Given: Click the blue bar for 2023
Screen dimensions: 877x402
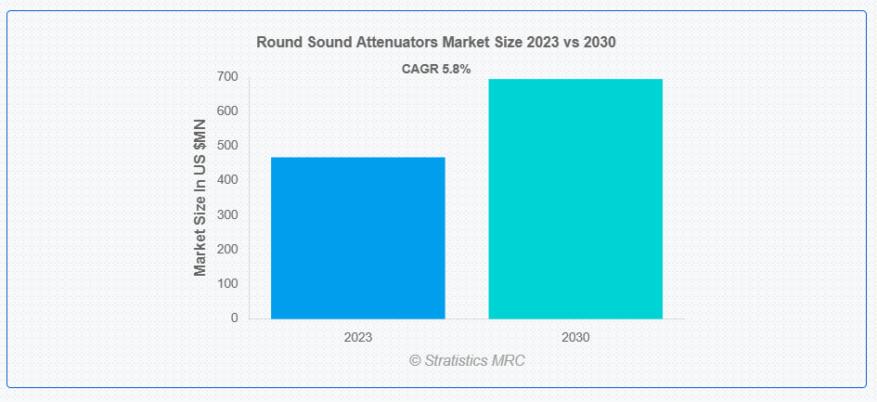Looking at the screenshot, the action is tap(358, 238).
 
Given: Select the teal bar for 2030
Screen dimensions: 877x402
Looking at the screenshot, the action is tap(575, 199).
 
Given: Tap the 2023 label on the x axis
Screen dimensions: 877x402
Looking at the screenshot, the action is tap(358, 338).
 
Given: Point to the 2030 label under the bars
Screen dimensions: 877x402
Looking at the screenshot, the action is tap(575, 338).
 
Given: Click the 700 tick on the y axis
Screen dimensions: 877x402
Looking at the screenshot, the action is tap(227, 77).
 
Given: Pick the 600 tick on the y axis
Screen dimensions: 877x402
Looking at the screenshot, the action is tap(227, 111).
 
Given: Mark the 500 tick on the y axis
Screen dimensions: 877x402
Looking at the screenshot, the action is tap(227, 146).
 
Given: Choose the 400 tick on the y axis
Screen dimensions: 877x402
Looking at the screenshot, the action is tap(227, 180).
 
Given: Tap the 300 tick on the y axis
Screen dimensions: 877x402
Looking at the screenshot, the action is tap(227, 215).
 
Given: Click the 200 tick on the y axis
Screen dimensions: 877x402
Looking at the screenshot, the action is tap(227, 249).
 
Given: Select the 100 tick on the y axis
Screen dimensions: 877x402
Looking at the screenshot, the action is tap(227, 284).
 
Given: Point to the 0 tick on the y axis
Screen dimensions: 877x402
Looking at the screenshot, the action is tap(235, 318).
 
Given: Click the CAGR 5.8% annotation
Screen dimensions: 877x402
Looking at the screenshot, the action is tap(436, 70).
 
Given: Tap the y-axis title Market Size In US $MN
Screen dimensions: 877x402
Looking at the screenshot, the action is tap(200, 198).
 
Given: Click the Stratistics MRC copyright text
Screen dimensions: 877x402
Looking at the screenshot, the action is tap(468, 360).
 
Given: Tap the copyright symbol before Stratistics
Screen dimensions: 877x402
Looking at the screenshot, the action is tap(415, 360).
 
